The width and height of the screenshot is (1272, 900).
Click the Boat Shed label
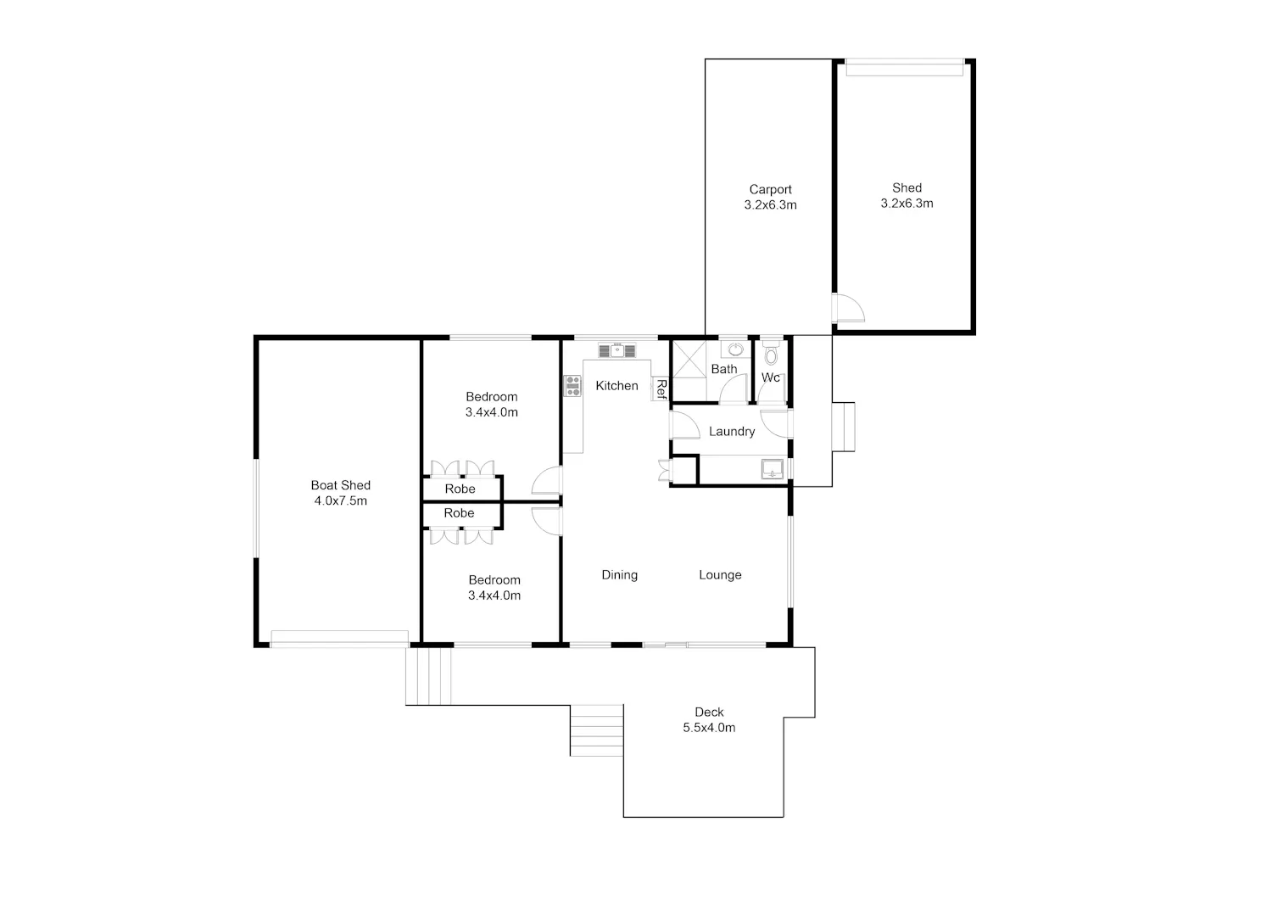coord(340,485)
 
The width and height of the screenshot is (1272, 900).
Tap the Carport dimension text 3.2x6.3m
coord(770,205)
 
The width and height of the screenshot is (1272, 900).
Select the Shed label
coord(907,187)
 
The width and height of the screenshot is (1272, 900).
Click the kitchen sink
coord(616,350)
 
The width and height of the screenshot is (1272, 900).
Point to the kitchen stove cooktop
coord(572,386)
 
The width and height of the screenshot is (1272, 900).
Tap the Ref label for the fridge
coord(661,389)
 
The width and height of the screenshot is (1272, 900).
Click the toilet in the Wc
coord(771,352)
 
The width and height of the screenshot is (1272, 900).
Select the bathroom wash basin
coord(735,349)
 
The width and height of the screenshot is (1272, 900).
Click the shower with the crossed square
coord(689,359)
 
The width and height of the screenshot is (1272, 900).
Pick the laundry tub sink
coord(773,469)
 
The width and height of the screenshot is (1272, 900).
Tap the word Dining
coord(620,575)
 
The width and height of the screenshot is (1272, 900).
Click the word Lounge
coord(720,575)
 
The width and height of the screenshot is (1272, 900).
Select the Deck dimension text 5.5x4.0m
coord(709,728)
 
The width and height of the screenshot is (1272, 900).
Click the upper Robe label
coord(460,489)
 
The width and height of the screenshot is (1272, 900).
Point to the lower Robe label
coord(459,513)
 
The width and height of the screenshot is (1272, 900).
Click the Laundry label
coord(731,431)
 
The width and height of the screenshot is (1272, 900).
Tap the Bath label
coord(724,369)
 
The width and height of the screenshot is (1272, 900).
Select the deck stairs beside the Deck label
coord(597,730)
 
